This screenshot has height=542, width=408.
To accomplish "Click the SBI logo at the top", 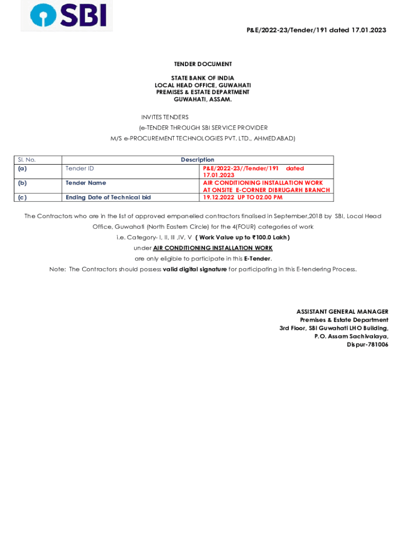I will [x=67, y=15].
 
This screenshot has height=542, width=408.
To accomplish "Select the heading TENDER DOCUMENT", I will [x=203, y=64].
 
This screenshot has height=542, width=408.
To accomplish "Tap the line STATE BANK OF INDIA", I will [x=202, y=78].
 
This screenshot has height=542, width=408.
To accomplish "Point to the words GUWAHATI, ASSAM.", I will [x=202, y=99].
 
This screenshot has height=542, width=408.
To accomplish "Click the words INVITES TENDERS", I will [x=165, y=117].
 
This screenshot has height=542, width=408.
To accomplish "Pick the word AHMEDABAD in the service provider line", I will [x=274, y=138].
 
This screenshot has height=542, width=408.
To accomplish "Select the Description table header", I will [x=198, y=160].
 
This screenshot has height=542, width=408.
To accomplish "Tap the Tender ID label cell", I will [x=79, y=168].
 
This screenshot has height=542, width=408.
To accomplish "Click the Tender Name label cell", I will [x=85, y=183].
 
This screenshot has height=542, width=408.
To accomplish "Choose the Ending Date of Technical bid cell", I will [x=108, y=197].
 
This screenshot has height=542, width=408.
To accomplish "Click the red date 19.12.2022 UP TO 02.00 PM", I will [x=243, y=197].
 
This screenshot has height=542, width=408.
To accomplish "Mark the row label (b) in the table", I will [x=22, y=183].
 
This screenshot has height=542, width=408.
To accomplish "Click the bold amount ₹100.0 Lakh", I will [x=269, y=237].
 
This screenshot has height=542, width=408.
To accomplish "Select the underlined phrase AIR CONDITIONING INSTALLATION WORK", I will [x=212, y=248].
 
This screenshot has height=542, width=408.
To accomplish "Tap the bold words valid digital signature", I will [x=194, y=269].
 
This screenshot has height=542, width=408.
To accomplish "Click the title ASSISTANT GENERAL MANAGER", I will [x=342, y=312].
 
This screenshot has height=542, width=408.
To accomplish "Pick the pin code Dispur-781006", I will [x=367, y=345].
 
